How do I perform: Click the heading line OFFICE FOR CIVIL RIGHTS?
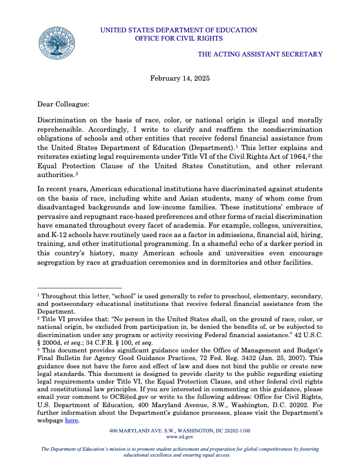[179, 38]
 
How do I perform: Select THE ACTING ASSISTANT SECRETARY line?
[260, 54]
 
